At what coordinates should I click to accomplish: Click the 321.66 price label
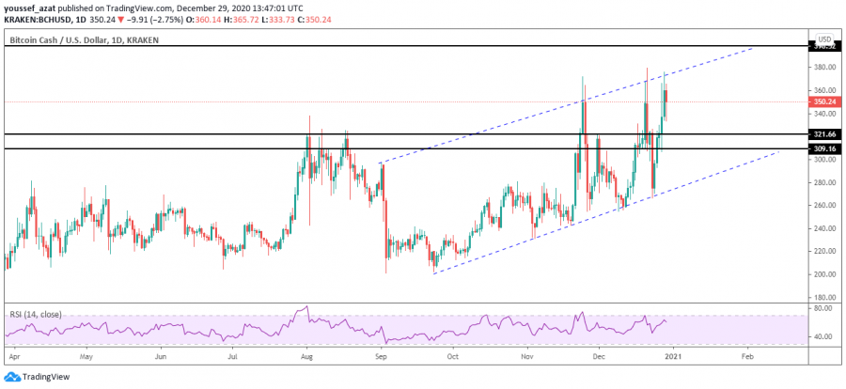pos(822,134)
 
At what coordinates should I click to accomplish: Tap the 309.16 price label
pos(822,148)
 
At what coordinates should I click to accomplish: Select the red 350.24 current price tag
pos(822,101)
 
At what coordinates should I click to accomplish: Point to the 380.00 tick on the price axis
pos(822,68)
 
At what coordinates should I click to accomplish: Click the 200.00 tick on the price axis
pos(822,274)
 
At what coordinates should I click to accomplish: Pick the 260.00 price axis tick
pos(822,205)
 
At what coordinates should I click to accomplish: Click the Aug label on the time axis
pos(306,358)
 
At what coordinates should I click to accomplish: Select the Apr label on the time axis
pos(13,358)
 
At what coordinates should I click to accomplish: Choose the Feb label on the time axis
pos(747,358)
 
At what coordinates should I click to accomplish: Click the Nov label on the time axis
pos(528,358)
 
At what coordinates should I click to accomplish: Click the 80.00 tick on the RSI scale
pos(822,308)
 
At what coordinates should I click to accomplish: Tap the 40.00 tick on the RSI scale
pos(822,335)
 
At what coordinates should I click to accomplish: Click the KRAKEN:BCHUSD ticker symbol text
pos(34,16)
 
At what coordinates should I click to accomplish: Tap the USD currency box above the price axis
pos(824,39)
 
